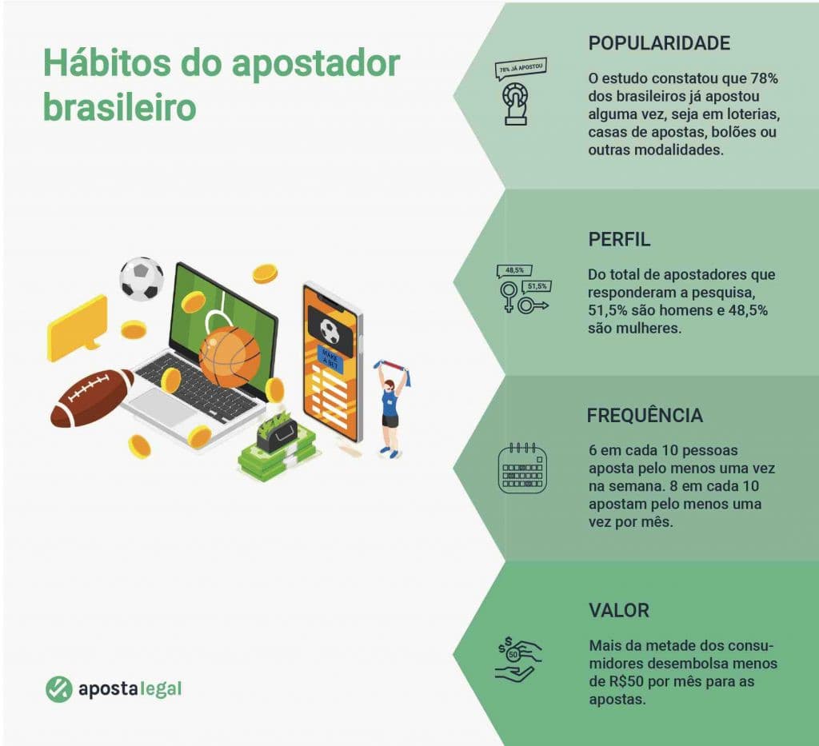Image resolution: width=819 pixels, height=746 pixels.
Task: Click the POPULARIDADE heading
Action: [659, 43]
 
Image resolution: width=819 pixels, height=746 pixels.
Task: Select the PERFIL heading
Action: [619, 239]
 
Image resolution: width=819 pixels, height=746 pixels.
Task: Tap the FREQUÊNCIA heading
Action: [645, 416]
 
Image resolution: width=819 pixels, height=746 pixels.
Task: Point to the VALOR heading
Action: [618, 611]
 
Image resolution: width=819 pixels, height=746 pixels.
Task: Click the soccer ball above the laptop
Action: [142, 278]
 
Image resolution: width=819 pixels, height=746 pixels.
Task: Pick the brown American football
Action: [91, 397]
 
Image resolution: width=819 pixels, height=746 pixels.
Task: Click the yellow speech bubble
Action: [77, 327]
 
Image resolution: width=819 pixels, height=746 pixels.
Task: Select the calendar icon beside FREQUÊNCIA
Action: [522, 468]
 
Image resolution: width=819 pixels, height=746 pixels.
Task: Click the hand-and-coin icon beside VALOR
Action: [518, 660]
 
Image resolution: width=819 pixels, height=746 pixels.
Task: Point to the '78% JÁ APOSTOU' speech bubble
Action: [521, 69]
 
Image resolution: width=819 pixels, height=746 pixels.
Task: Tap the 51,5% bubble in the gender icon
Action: [537, 285]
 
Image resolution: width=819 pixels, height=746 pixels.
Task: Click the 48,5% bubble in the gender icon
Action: [514, 270]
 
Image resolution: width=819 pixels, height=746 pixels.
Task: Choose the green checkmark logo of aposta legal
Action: [58, 688]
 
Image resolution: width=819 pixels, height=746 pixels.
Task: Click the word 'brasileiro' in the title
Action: [119, 107]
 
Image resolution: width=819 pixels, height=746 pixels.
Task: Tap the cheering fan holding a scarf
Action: [392, 406]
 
